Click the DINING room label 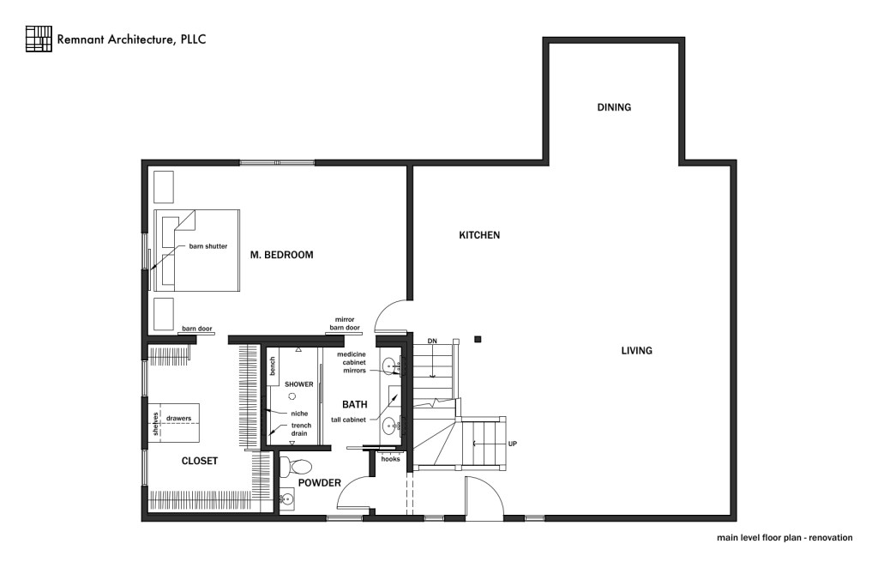pyautogui.click(x=614, y=107)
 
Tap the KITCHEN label pyautogui.click(x=479, y=235)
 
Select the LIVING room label pyautogui.click(x=637, y=350)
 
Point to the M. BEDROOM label pyautogui.click(x=281, y=255)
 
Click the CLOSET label pyautogui.click(x=199, y=461)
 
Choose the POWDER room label pyautogui.click(x=320, y=482)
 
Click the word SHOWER pyautogui.click(x=299, y=384)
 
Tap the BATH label pyautogui.click(x=354, y=404)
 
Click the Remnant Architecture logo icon pyautogui.click(x=39, y=39)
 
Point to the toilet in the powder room pyautogui.click(x=298, y=468)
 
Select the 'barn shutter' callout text pyautogui.click(x=208, y=246)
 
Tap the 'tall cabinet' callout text pyautogui.click(x=349, y=420)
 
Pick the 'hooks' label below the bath pyautogui.click(x=390, y=458)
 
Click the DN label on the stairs pyautogui.click(x=433, y=341)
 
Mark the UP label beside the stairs pyautogui.click(x=512, y=444)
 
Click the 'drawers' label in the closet pyautogui.click(x=178, y=419)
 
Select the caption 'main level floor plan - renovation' pyautogui.click(x=785, y=538)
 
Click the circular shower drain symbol pyautogui.click(x=292, y=396)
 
